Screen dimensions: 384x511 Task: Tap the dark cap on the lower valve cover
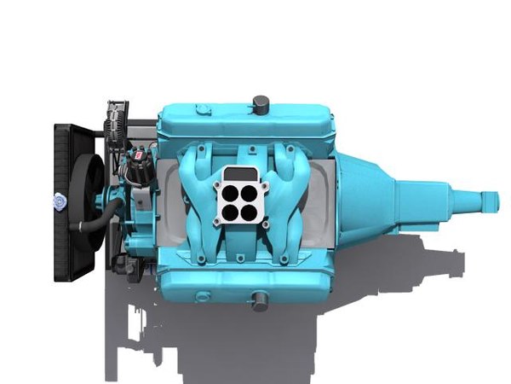coord(259,300)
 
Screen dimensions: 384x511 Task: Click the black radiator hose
coord(91,225)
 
